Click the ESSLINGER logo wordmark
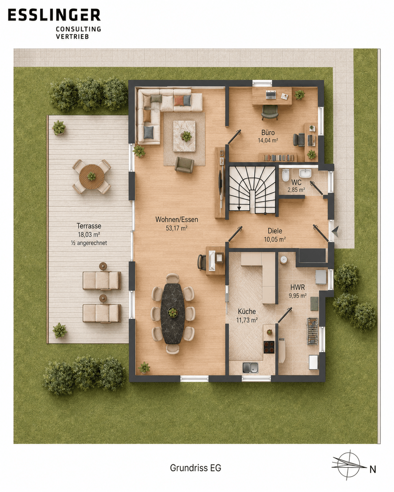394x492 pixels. pyautogui.click(x=54, y=15)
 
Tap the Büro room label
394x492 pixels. pyautogui.click(x=268, y=133)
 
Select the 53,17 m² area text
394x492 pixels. pyautogui.click(x=177, y=228)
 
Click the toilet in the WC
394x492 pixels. pyautogui.click(x=285, y=175)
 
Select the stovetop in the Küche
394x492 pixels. pyautogui.click(x=269, y=347)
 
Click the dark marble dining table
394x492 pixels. pyautogui.click(x=172, y=313)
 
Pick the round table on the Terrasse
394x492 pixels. pyautogui.click(x=92, y=177)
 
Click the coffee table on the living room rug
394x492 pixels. pyautogui.click(x=184, y=136)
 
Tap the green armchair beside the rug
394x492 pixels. pyautogui.click(x=184, y=165)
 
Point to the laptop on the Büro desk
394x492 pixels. pyautogui.click(x=271, y=95)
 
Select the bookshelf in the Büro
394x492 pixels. pyautogui.click(x=278, y=157)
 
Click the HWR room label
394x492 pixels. pyautogui.click(x=297, y=287)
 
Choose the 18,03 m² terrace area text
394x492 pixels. pyautogui.click(x=89, y=234)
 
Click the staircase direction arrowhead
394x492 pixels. pyautogui.click(x=239, y=208)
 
